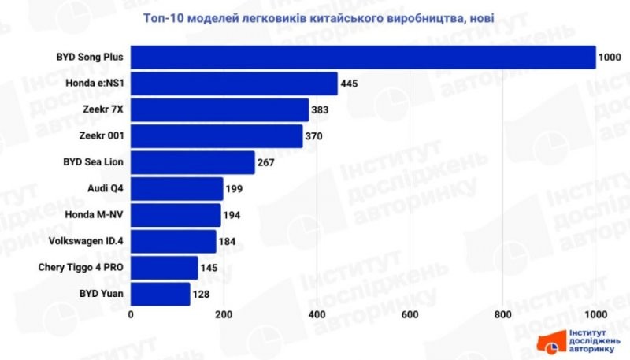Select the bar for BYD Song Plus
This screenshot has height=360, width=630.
point(363,58)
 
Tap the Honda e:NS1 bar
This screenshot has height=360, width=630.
point(234,84)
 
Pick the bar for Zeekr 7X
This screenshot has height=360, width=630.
point(220,110)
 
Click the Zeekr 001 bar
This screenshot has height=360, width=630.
point(217,136)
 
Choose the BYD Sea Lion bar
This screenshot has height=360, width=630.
point(193,162)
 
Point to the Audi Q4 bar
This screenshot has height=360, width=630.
point(177,189)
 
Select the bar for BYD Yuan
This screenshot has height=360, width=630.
point(161,294)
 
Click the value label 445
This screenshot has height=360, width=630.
point(351,84)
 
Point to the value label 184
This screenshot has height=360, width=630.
point(228,241)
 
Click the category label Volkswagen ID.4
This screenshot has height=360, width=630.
point(86,241)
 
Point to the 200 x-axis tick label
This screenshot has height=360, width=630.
point(224,315)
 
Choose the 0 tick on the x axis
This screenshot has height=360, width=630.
point(131,315)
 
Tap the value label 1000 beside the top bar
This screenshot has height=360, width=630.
point(610,58)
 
